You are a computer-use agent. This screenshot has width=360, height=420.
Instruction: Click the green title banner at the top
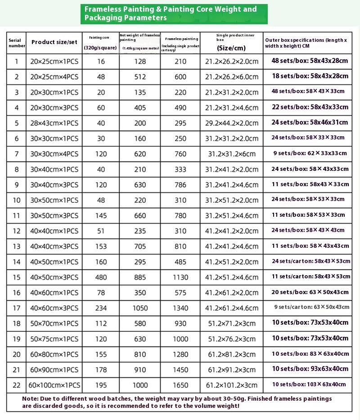(174, 13)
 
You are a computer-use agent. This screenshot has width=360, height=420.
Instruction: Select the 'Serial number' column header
(17, 43)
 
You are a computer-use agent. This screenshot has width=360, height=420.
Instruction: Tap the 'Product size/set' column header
(54, 42)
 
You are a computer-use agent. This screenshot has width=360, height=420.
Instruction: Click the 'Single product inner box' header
(231, 43)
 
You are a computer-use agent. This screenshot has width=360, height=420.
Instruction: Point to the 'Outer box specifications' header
(307, 43)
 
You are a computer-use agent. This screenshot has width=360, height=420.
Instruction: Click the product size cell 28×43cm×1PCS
(54, 123)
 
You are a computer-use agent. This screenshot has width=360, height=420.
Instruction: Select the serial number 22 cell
(17, 385)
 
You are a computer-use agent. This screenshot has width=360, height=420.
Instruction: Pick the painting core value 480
(100, 277)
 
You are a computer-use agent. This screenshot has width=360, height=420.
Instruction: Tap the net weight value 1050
(140, 308)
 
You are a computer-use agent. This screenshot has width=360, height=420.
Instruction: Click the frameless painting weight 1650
(180, 385)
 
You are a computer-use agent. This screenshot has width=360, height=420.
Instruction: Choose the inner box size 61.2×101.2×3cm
(231, 385)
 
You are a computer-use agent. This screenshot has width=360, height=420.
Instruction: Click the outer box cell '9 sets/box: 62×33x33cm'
(307, 153)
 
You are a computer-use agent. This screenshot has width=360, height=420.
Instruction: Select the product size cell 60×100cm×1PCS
(54, 385)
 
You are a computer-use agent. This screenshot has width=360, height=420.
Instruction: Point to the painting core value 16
(100, 61)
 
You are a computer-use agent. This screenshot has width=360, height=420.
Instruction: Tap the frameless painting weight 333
(180, 170)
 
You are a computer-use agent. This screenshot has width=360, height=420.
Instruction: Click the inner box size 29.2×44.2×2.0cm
(231, 123)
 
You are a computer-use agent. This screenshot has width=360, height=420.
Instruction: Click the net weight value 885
(140, 277)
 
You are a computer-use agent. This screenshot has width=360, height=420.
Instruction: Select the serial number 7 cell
(17, 153)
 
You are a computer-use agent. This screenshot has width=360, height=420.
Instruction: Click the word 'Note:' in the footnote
(31, 398)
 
